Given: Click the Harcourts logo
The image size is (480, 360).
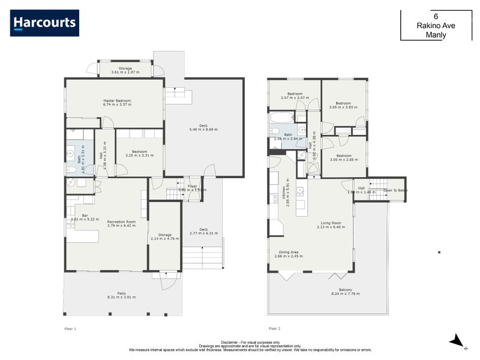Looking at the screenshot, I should coord(44,23).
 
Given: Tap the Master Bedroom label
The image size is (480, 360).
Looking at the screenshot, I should coord(116,103).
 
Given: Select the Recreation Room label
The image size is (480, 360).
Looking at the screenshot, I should coord(121,224).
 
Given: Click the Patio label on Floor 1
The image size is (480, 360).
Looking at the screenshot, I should coord(121,295).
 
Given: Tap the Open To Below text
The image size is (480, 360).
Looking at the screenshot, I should coord(396,191).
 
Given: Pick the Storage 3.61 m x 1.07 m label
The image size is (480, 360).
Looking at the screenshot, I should coord(125,70).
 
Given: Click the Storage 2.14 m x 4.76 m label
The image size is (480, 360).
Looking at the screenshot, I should coord(164,236).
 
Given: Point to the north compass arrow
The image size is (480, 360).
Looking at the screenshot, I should coord(457,341).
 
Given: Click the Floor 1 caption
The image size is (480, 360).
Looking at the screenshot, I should coord(70,329).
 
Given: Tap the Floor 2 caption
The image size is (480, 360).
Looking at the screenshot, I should coord(274,329).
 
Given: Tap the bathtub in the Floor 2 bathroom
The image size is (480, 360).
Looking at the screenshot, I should coord(281,117).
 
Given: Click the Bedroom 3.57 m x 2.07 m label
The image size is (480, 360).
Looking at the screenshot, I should coord(294,95).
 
